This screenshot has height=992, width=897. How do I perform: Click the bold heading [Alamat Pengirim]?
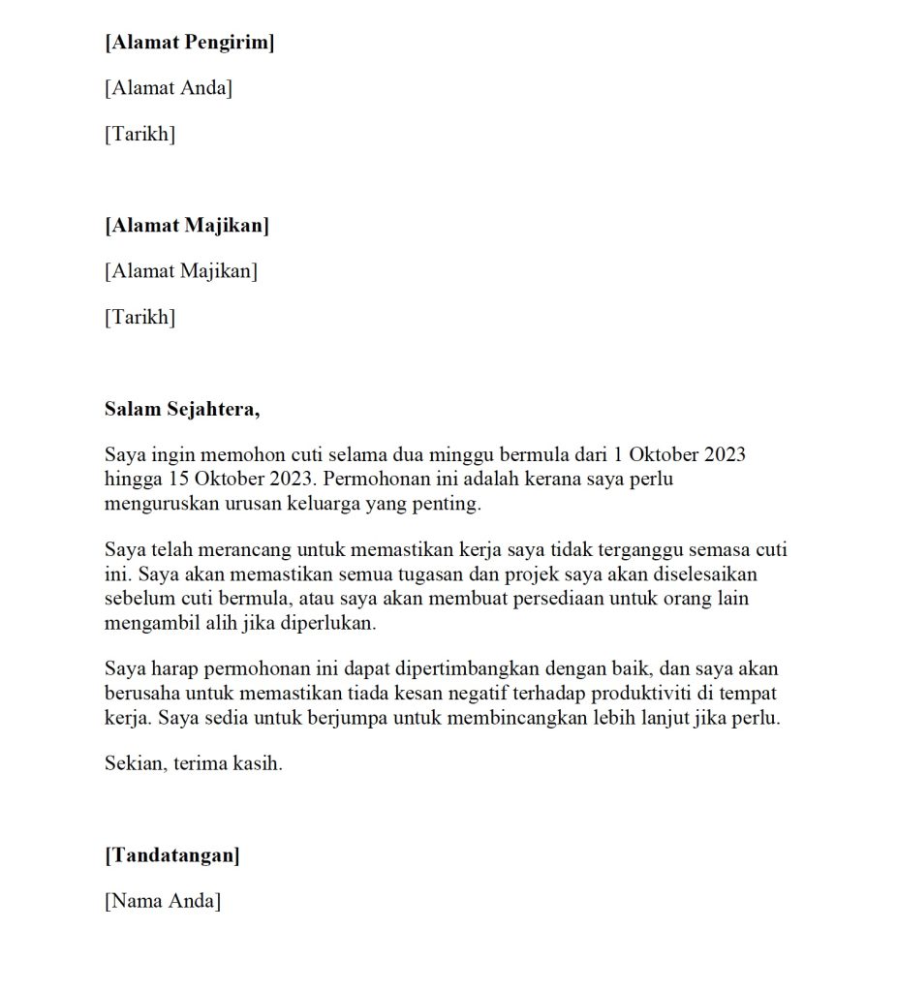189,43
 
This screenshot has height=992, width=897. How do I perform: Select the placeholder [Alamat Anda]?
169,88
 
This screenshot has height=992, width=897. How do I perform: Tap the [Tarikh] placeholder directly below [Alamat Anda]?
139,134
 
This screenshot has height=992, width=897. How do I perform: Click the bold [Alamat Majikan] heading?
187,226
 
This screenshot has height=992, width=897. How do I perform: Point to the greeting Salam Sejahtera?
182,408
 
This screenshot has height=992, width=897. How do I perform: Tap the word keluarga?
327,503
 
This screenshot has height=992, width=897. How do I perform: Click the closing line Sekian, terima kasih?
194,763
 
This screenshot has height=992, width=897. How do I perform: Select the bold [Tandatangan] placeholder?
172,855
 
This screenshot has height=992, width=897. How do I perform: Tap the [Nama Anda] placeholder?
163,901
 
